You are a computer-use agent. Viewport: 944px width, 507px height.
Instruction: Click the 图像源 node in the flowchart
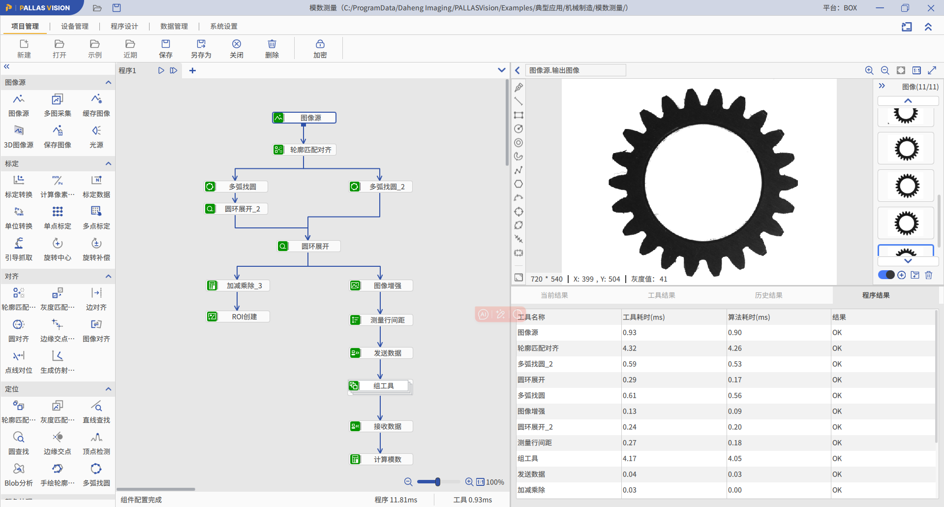click(x=304, y=118)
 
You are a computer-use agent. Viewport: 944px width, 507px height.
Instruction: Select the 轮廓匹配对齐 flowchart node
click(x=304, y=150)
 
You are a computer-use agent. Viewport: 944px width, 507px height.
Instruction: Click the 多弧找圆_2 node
click(x=380, y=187)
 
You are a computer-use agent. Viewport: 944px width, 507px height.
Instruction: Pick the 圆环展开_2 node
click(x=236, y=209)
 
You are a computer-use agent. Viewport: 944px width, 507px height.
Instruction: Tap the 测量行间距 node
click(x=381, y=320)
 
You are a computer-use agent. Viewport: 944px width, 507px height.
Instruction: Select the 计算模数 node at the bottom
click(x=381, y=459)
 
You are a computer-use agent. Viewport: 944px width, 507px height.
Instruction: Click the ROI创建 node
click(x=238, y=317)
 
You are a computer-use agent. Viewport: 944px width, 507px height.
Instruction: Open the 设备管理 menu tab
click(x=75, y=26)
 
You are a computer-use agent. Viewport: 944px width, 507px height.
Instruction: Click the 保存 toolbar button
click(x=166, y=49)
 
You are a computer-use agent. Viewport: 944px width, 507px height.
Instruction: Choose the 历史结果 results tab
click(x=768, y=295)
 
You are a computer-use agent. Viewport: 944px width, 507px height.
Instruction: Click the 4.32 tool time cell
click(x=629, y=348)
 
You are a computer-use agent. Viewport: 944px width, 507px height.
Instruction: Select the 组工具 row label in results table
click(x=527, y=458)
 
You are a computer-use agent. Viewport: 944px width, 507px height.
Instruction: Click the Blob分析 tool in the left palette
click(x=19, y=475)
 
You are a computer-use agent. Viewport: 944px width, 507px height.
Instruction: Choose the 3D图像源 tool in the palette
click(x=19, y=136)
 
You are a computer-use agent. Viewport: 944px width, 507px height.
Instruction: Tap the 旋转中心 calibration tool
click(x=58, y=249)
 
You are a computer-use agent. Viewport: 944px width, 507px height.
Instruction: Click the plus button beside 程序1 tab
click(x=192, y=70)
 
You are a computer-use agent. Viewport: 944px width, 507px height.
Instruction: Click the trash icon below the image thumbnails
click(x=928, y=275)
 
